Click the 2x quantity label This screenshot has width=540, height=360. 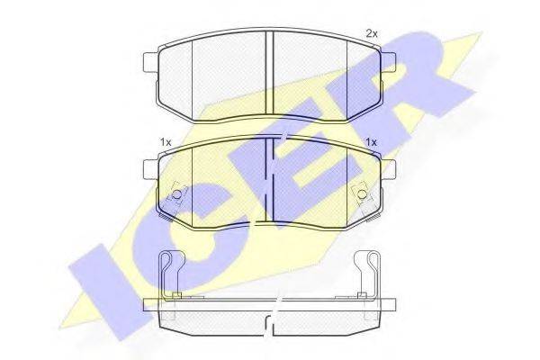pyautogui.click(x=372, y=34)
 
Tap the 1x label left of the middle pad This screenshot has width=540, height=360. pyautogui.click(x=166, y=142)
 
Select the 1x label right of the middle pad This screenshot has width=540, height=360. pyautogui.click(x=372, y=142)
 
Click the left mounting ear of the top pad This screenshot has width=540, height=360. pyautogui.click(x=150, y=62)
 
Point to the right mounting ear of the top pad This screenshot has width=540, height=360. pyautogui.click(x=388, y=62)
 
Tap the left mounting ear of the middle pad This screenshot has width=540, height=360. pyautogui.click(x=150, y=169)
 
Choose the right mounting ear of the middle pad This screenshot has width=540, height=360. pyautogui.click(x=388, y=169)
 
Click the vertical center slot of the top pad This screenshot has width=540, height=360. pyautogui.click(x=269, y=74)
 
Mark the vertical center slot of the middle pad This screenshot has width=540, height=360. pyautogui.click(x=269, y=180)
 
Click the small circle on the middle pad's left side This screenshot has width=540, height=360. pyautogui.click(x=176, y=194)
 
